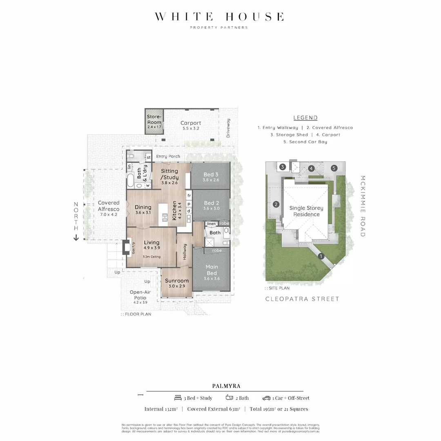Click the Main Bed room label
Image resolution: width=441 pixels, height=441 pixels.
point(212,269)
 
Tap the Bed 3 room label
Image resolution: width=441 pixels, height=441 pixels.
point(211,174)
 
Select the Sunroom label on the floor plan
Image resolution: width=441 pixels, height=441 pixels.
point(177,281)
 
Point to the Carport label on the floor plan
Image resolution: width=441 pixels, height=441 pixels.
point(191,123)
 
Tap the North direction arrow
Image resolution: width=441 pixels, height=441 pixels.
point(76,238)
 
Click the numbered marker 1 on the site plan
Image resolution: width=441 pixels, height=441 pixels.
point(321,256)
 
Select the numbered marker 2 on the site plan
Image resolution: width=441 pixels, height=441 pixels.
point(276,205)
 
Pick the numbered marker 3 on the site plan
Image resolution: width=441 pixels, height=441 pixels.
point(282,167)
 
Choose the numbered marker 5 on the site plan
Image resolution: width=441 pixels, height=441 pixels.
point(334,168)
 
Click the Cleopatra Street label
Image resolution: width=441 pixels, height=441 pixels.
point(302,299)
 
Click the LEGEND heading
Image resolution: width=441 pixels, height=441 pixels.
point(305,118)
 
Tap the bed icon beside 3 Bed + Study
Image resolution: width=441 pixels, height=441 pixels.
point(178,398)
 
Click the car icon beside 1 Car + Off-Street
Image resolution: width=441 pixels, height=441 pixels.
point(266,398)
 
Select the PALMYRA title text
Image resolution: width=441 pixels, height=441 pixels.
point(226,385)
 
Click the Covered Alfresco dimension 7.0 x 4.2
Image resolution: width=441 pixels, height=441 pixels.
point(109,214)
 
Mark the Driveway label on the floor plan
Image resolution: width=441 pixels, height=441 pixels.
point(228,128)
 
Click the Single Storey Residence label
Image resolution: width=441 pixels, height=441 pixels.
point(306,211)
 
